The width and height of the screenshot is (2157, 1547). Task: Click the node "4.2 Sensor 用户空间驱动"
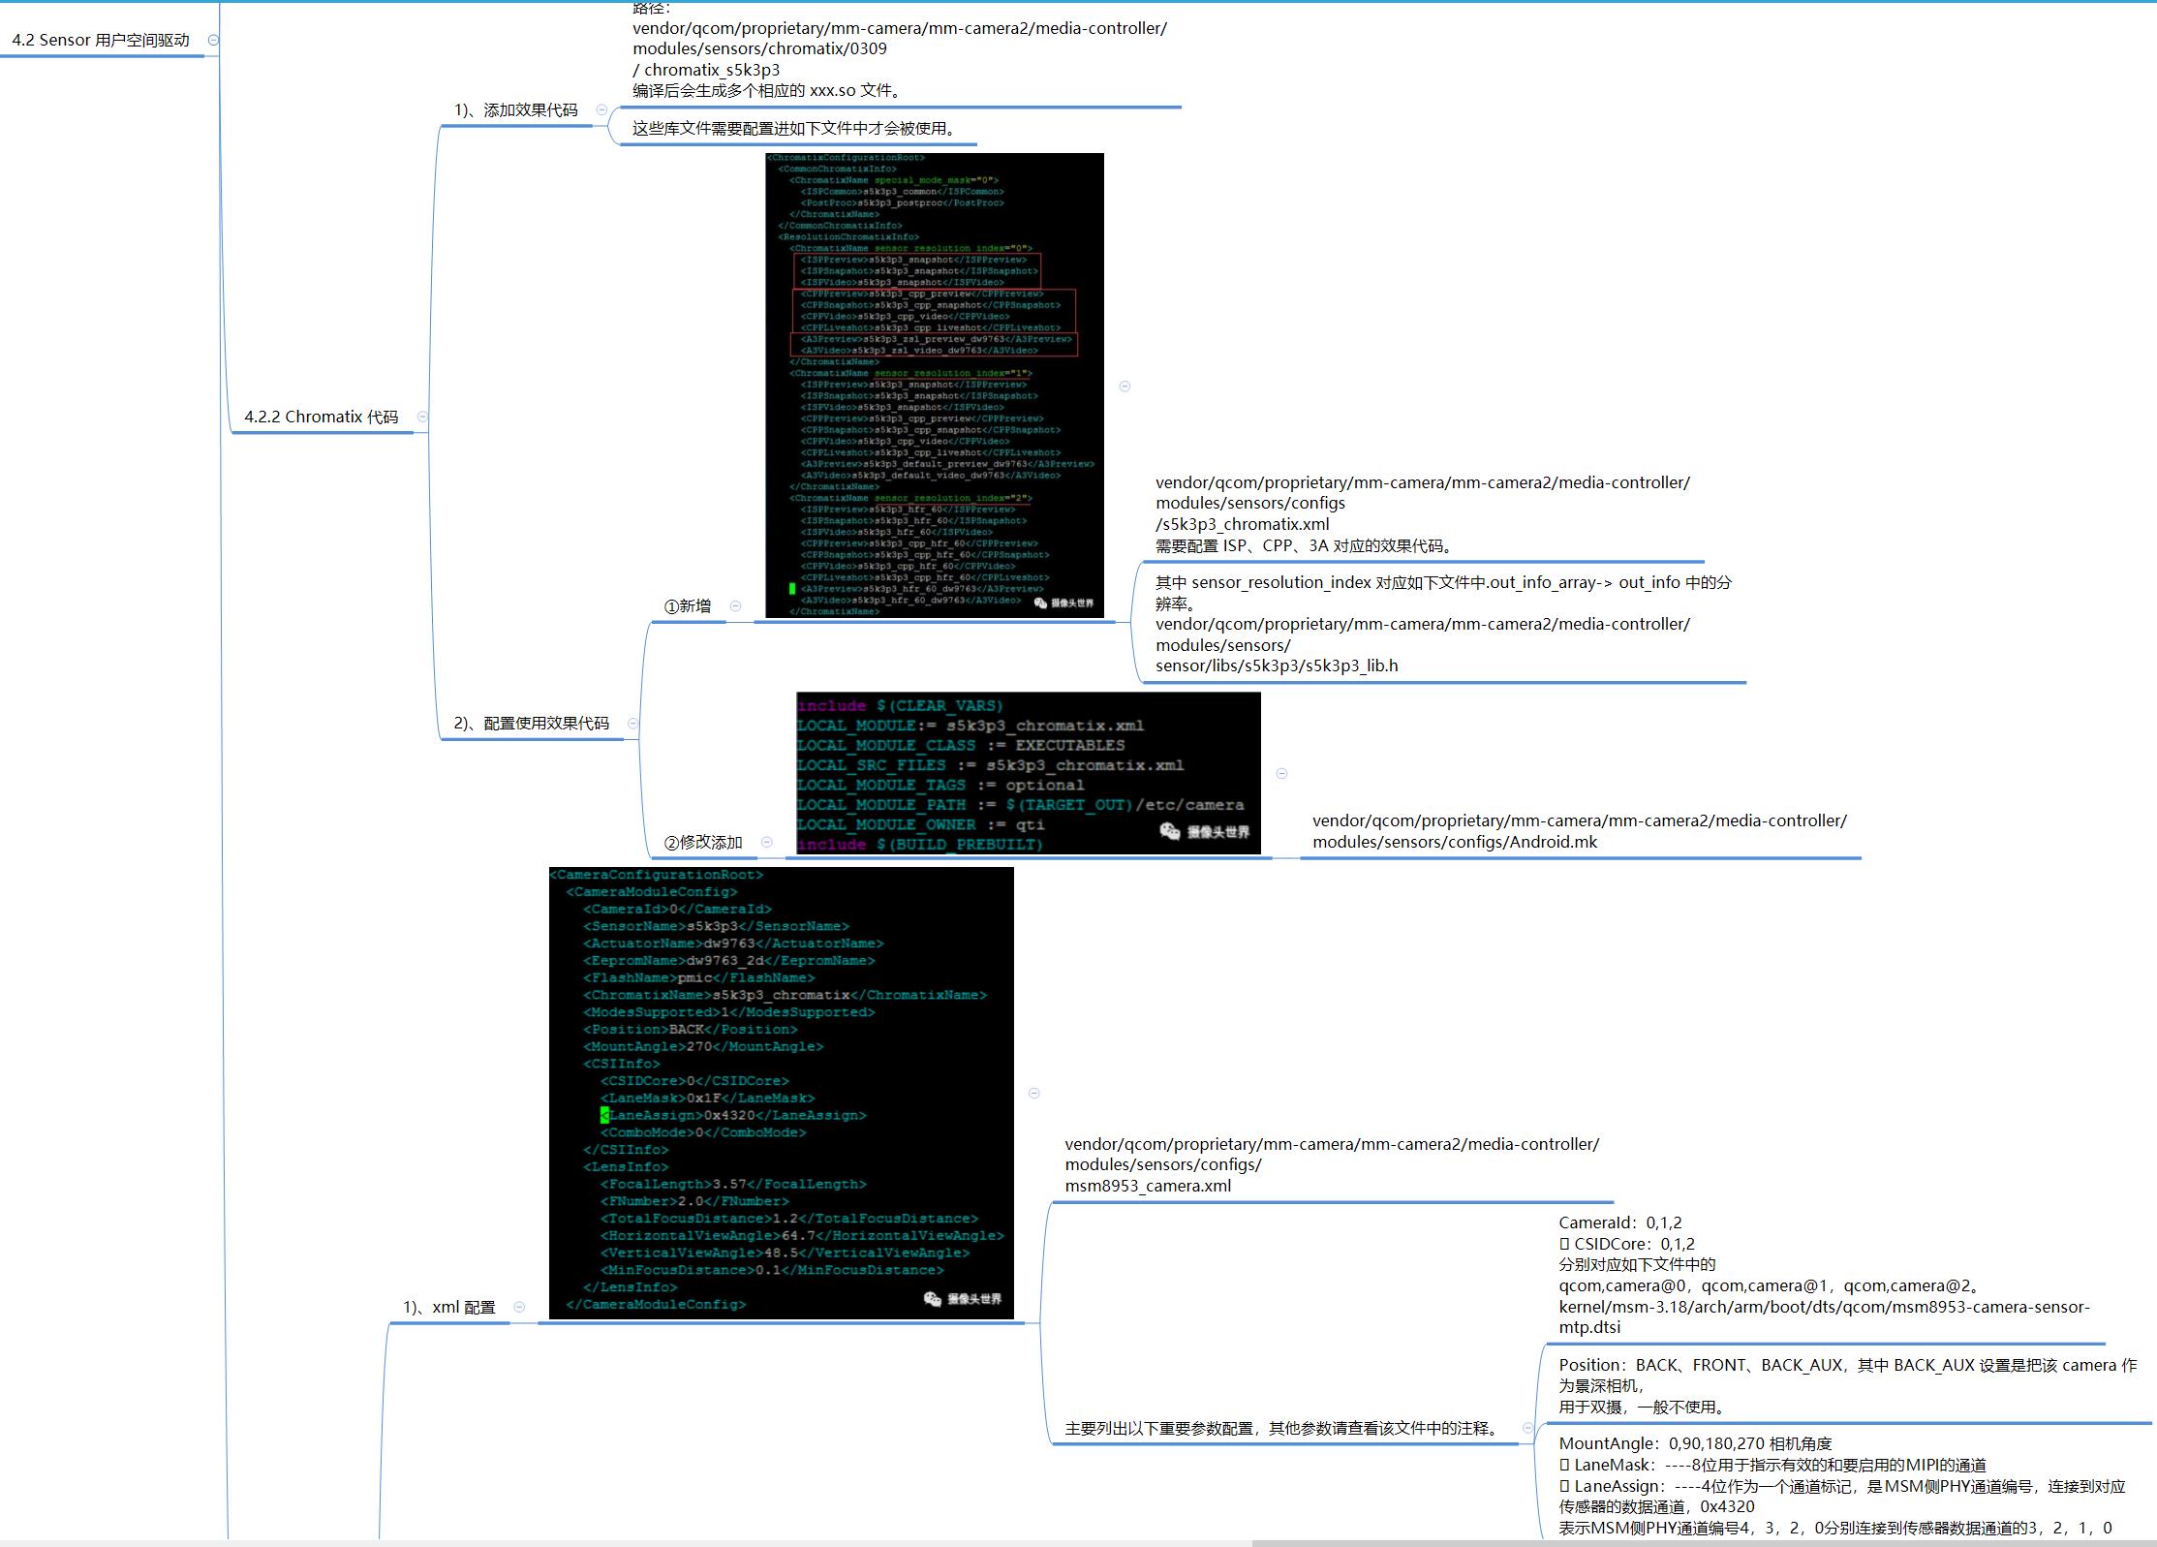(101, 41)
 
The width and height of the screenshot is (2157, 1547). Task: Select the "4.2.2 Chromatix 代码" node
(321, 417)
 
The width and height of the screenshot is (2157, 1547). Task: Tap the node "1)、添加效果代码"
(515, 110)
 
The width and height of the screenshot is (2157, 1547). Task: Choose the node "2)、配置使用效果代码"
(531, 724)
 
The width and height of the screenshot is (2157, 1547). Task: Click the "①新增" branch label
(688, 606)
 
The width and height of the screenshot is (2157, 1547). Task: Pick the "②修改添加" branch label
(703, 843)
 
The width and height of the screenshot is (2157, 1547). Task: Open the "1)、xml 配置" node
(449, 1308)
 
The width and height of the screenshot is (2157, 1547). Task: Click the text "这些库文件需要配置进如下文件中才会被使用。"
(794, 129)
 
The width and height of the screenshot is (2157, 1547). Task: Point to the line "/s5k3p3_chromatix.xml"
(1242, 524)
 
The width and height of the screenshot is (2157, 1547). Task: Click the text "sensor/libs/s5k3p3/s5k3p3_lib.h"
(1277, 665)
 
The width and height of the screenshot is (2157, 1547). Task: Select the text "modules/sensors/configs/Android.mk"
(1454, 842)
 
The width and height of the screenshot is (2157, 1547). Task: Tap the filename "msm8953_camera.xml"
(1148, 1186)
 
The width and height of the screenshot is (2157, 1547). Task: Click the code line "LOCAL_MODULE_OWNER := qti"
(920, 825)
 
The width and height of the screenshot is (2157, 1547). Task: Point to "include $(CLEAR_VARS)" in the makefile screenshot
(900, 706)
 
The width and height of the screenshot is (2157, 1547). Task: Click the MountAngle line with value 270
(703, 1047)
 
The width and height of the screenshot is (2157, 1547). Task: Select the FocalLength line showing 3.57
(733, 1185)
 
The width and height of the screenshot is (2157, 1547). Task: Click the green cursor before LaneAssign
(605, 1116)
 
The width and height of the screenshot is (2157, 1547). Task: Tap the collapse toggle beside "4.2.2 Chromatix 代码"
(422, 417)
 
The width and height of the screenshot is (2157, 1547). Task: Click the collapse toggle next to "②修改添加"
(767, 843)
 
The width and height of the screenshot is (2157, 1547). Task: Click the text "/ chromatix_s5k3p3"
(706, 70)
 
